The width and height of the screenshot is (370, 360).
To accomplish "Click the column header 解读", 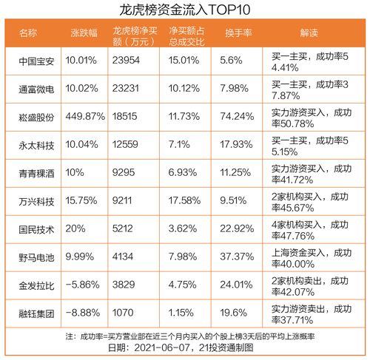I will coord(310,34).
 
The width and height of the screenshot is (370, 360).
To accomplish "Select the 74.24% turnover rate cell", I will coord(237,115).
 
